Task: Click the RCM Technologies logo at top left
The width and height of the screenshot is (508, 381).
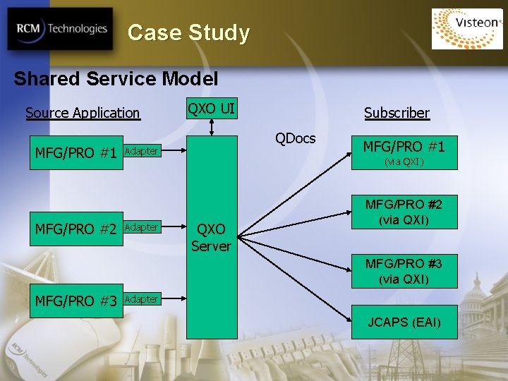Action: click(x=60, y=30)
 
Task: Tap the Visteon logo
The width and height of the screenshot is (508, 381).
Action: click(x=467, y=29)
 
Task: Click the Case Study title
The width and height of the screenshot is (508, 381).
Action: click(x=188, y=33)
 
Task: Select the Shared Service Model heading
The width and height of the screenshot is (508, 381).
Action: click(x=116, y=78)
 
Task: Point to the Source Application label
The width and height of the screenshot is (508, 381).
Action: click(x=83, y=113)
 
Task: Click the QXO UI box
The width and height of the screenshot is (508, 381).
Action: click(x=211, y=108)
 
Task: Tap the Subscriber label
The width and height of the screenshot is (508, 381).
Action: click(x=397, y=113)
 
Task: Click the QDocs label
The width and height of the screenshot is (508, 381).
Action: click(x=296, y=138)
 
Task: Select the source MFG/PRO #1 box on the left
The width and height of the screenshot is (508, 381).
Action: click(x=76, y=153)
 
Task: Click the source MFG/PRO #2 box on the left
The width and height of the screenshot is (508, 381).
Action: click(x=76, y=229)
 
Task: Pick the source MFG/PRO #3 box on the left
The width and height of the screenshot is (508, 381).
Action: click(x=76, y=301)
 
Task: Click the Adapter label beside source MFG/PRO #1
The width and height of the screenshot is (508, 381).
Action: click(x=141, y=151)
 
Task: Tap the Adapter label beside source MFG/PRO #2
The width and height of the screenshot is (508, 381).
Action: click(x=141, y=227)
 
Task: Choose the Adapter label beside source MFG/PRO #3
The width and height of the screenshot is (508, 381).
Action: click(x=141, y=299)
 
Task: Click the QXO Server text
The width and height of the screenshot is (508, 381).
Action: click(x=211, y=238)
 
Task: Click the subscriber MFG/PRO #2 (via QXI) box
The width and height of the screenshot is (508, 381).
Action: click(x=404, y=212)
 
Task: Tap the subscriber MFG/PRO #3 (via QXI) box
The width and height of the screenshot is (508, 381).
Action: click(x=404, y=272)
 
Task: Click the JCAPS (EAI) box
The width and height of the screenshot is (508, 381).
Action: click(x=404, y=322)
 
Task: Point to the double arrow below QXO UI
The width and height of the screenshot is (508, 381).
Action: click(x=211, y=127)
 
